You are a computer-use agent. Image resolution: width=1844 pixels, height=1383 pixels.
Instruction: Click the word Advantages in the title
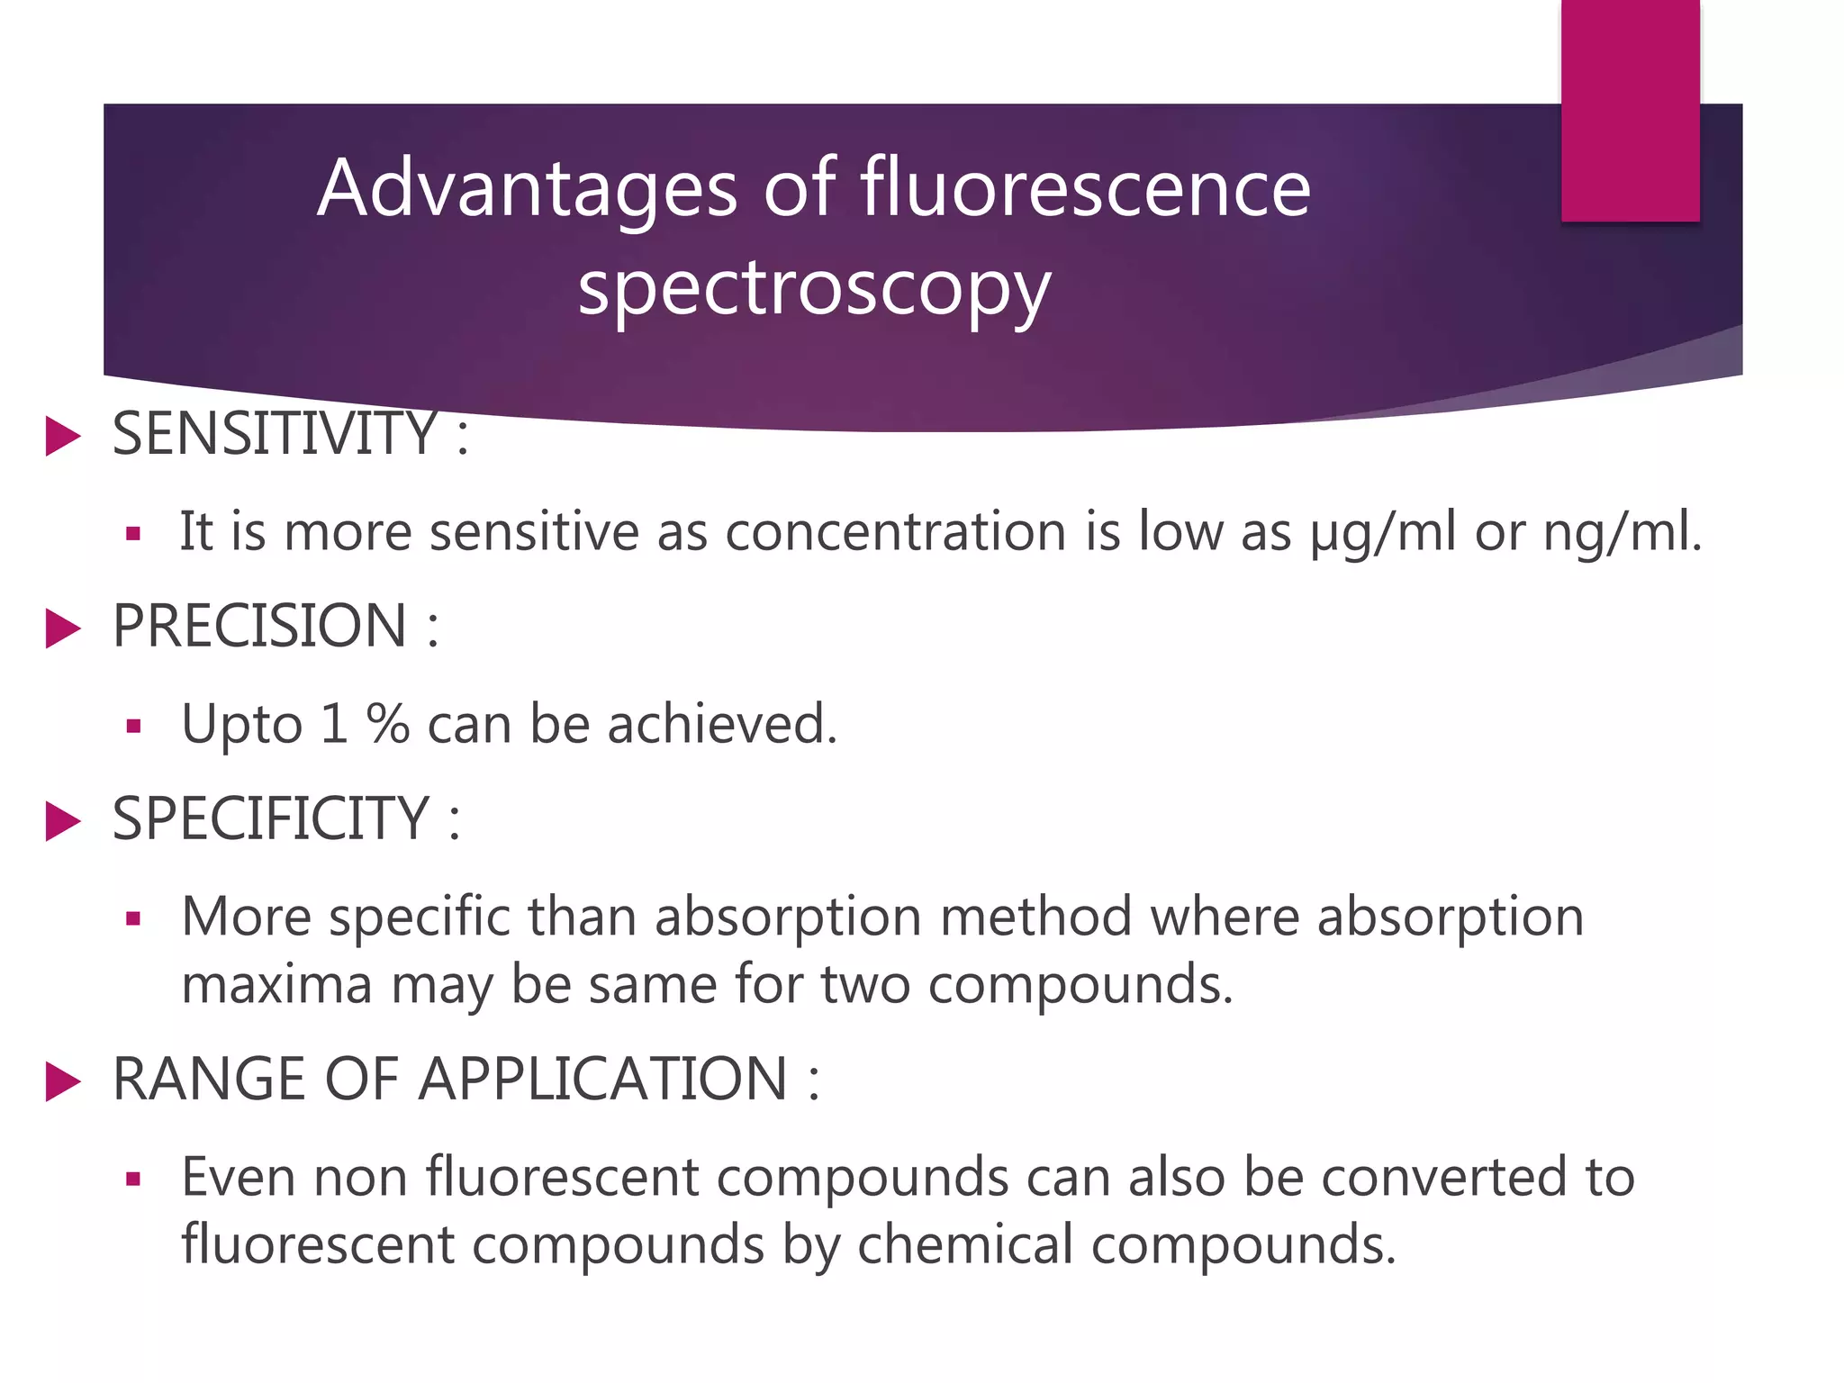tap(528, 188)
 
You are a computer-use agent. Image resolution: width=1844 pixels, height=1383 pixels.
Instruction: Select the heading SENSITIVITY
tap(275, 434)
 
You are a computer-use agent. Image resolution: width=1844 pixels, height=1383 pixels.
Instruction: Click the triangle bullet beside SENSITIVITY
tap(63, 437)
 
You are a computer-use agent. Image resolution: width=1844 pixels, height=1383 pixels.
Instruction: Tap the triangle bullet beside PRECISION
tap(63, 628)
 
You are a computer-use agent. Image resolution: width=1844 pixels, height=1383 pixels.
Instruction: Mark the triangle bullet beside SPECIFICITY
tap(63, 821)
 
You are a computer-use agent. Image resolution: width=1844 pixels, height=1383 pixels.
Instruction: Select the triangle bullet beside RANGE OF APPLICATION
tap(63, 1081)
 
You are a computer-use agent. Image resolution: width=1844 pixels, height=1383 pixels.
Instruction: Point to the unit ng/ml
tap(1622, 532)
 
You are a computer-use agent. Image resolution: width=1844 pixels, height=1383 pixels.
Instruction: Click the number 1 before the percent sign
tap(334, 724)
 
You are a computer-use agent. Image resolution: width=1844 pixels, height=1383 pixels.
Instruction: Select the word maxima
tap(276, 983)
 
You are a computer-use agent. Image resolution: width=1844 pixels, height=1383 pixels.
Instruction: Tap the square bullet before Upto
tap(134, 727)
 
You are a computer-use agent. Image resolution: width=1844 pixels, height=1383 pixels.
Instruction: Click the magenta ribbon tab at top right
tap(1630, 110)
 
